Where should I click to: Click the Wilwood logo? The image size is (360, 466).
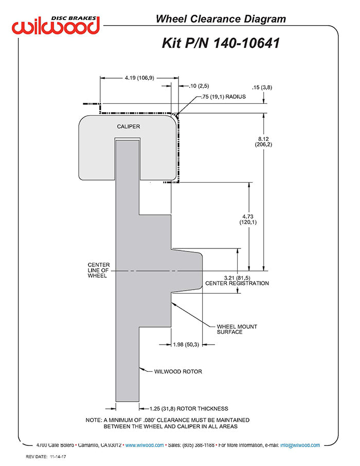tap(56, 25)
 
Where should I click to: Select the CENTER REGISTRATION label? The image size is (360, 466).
tap(237, 283)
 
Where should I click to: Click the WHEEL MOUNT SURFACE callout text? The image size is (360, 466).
tap(237, 329)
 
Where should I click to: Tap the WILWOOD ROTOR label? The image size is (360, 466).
tap(178, 371)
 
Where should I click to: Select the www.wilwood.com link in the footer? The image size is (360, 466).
tap(145, 445)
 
